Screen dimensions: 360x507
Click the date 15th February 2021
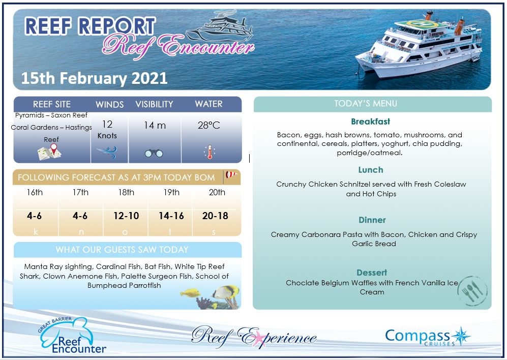point(95,78)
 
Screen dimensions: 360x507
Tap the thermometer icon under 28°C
point(208,152)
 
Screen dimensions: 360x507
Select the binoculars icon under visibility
point(154,153)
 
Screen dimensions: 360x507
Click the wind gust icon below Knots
point(107,151)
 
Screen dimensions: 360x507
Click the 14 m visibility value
point(155,125)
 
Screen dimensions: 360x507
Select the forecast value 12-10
point(126,216)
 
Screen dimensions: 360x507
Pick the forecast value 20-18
point(215,216)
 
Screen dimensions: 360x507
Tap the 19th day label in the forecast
point(171,192)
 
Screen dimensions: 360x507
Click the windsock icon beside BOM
point(231,175)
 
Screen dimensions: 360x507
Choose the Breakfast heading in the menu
point(371,122)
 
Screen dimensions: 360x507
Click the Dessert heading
point(372,273)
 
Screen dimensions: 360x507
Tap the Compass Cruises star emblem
point(461,336)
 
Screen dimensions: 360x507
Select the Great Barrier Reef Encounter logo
point(73,336)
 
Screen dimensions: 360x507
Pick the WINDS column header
point(110,104)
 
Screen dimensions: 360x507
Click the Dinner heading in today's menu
point(372,220)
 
